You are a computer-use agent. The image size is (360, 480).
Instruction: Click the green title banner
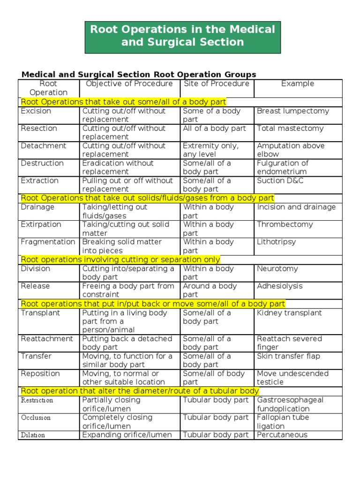pos(182,36)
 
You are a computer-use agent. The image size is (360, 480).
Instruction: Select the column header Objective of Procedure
pos(129,84)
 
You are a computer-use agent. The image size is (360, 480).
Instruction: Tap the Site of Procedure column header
pos(216,84)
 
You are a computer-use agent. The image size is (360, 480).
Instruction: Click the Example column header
pos(298,84)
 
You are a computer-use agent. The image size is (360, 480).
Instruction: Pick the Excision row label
pos(36,111)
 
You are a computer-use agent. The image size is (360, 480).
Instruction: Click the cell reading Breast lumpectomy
pos(293,111)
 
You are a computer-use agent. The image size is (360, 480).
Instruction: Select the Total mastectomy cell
pos(290,128)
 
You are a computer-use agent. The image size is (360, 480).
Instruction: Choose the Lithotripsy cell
pos(277,242)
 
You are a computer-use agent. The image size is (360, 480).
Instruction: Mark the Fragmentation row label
pos(48,242)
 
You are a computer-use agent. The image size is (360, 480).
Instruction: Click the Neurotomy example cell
pos(277,269)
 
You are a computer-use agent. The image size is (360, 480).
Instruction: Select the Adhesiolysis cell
pos(280,286)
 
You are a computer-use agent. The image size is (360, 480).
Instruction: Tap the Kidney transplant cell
pos(289,313)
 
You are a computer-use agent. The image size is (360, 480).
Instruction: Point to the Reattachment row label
pos(47,339)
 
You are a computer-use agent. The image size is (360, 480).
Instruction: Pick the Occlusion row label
pos(36,418)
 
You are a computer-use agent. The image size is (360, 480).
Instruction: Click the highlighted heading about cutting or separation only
pos(120,260)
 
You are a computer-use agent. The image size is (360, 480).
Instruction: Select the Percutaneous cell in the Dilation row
pos(282,435)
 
